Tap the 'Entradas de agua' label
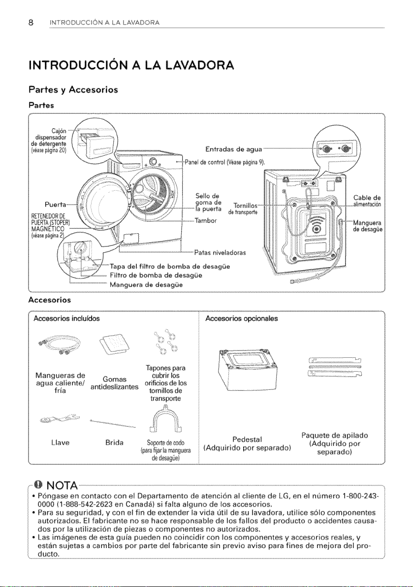(x=233, y=150)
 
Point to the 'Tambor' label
(x=206, y=220)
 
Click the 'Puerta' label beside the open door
(x=56, y=205)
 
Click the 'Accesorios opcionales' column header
(x=241, y=318)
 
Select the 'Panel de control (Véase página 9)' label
(x=225, y=162)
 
